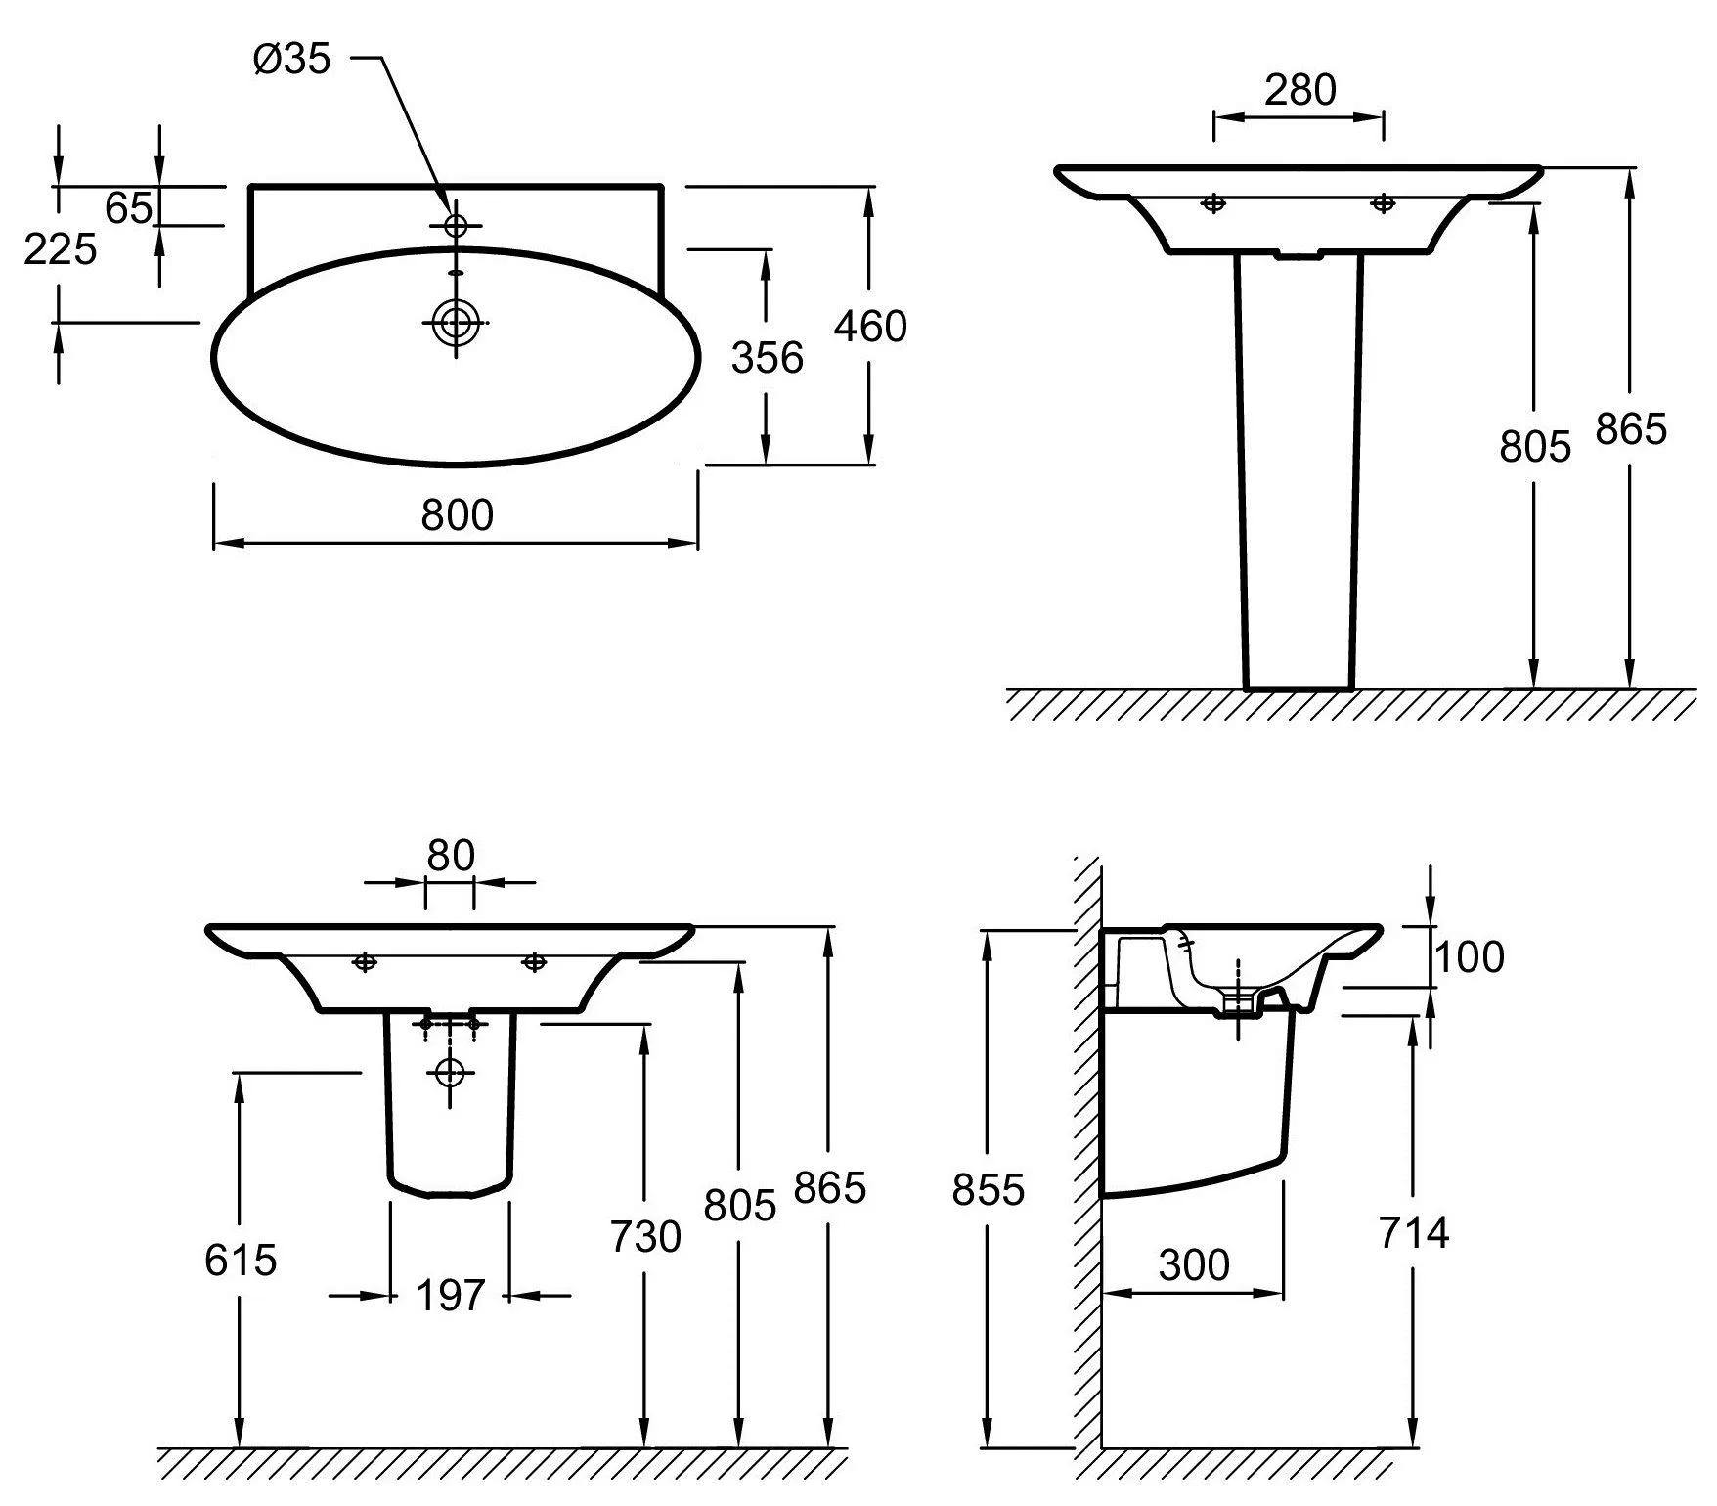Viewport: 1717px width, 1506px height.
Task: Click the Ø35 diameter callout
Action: tap(292, 60)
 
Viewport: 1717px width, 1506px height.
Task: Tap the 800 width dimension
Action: tap(458, 514)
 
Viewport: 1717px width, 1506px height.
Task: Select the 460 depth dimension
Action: tap(870, 326)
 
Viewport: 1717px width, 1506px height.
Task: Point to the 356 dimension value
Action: tap(768, 358)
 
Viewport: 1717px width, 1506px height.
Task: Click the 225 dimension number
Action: tap(61, 249)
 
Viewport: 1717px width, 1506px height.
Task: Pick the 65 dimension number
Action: tap(129, 208)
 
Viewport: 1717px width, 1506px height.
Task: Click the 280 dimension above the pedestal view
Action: tap(1299, 90)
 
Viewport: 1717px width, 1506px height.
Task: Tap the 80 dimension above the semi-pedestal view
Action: tap(451, 856)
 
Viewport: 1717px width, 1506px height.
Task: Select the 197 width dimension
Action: tap(450, 1297)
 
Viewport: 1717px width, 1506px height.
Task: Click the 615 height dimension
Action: tap(241, 1260)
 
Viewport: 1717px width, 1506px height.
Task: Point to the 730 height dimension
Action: tap(645, 1237)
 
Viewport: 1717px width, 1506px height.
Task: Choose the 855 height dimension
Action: tap(989, 1190)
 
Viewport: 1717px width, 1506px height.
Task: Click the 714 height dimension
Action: tap(1414, 1233)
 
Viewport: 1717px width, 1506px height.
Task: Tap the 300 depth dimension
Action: tap(1194, 1265)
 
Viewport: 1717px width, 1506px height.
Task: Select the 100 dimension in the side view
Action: tap(1469, 956)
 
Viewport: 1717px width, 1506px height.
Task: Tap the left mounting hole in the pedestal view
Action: tap(1213, 203)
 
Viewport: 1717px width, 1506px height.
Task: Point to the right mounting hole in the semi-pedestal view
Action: tap(534, 962)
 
